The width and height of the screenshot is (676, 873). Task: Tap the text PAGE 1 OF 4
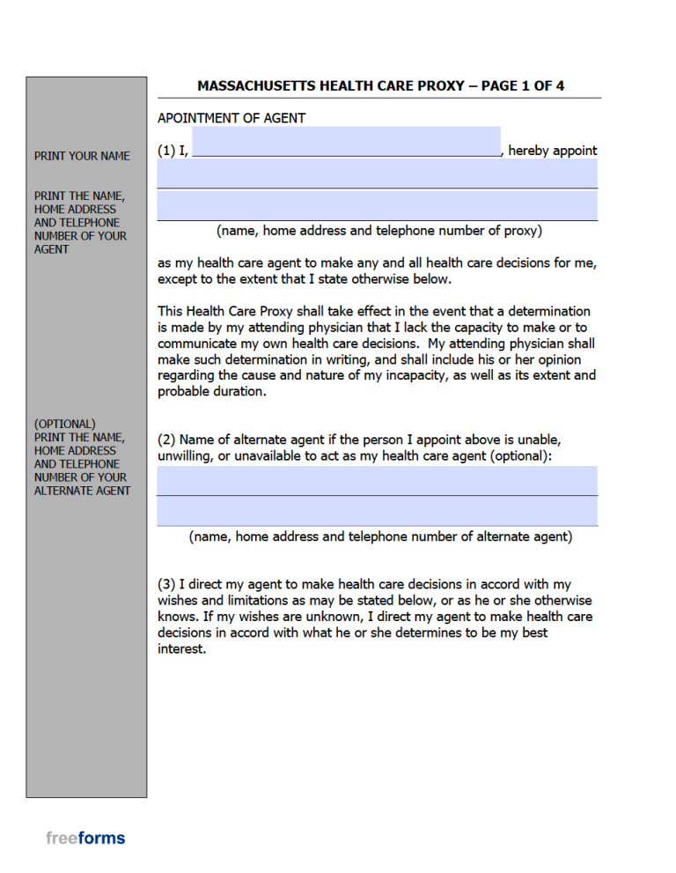point(523,85)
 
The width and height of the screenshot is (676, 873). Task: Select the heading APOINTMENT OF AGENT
point(231,118)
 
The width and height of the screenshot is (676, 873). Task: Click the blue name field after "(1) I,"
point(346,142)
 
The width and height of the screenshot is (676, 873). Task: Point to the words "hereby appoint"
point(552,151)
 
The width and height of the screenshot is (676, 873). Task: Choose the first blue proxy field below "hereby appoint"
point(377,174)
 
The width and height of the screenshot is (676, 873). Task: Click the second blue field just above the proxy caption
point(377,205)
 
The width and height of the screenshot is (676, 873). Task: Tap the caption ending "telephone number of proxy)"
point(379,231)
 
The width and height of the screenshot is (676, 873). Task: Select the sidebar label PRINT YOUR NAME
point(82,156)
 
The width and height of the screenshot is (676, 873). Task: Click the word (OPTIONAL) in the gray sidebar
point(65,424)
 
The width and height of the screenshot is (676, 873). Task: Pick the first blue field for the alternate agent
point(377,481)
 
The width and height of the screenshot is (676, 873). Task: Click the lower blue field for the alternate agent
point(377,511)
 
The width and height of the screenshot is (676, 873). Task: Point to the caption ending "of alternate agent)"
point(380,536)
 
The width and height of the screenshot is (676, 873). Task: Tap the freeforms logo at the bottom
point(85,838)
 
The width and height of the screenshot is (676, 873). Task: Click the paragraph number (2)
point(166,439)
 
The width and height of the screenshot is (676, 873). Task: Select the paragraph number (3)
point(166,584)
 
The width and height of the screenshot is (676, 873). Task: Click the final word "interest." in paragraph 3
point(181,648)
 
